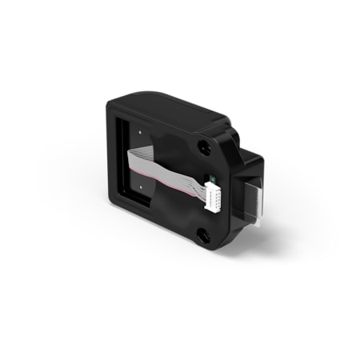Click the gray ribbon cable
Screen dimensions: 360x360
pos(168,173)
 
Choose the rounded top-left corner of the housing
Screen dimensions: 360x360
pos(113,99)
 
